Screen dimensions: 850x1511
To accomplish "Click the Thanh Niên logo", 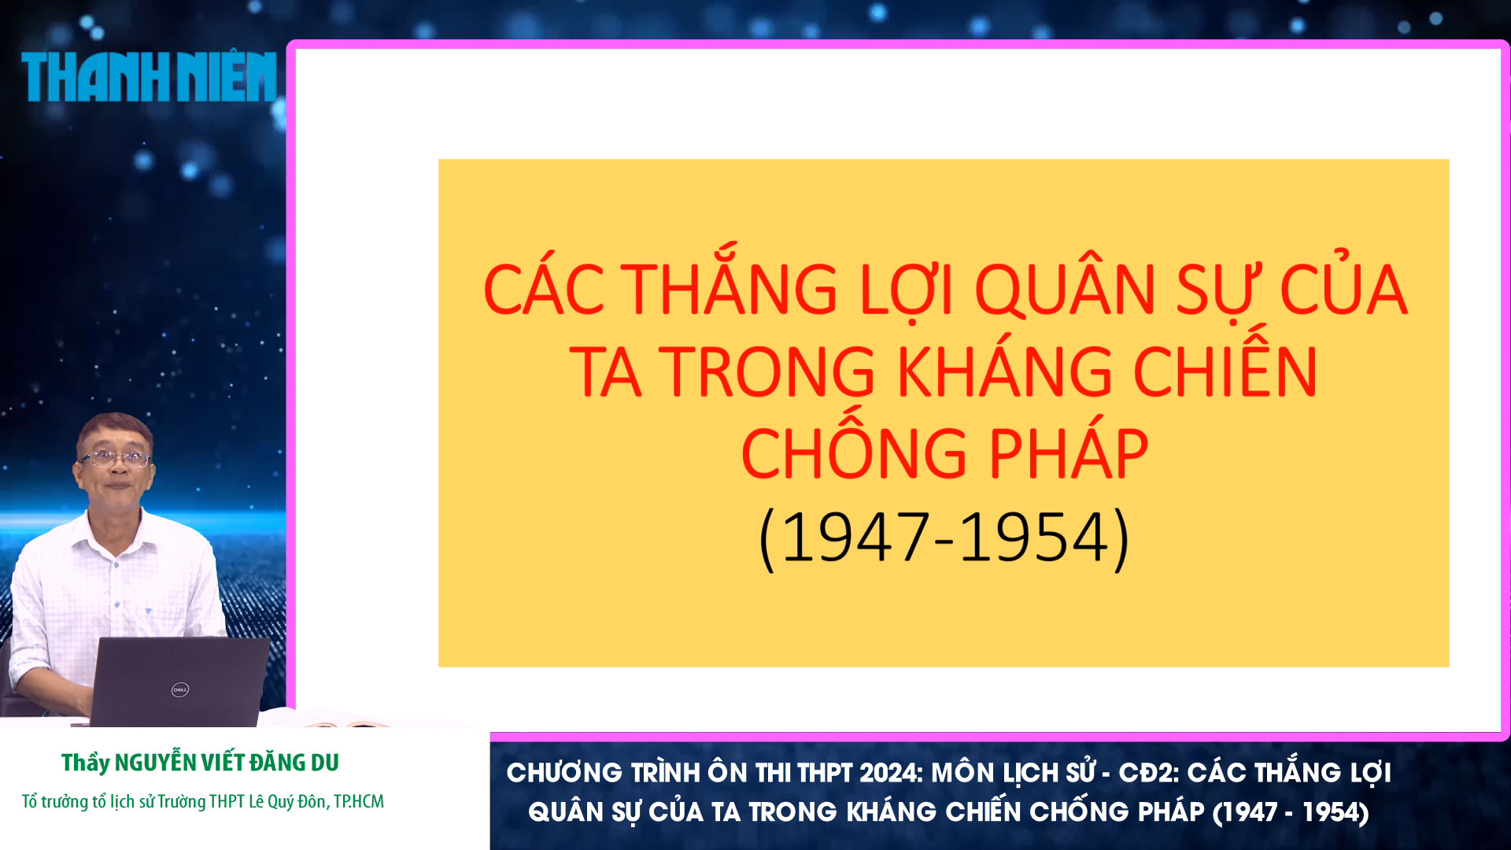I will pyautogui.click(x=149, y=77).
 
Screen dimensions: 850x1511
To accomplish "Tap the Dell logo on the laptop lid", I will pyautogui.click(x=180, y=689).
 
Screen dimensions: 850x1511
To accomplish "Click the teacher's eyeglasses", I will pyautogui.click(x=116, y=457).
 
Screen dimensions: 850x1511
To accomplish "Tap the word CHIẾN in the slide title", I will pyautogui.click(x=1225, y=371).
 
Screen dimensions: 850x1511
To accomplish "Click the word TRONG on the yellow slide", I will pyautogui.click(x=767, y=371).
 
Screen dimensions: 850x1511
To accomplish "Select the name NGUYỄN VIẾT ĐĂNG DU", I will pyautogui.click(x=227, y=763).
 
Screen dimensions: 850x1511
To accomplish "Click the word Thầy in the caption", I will pyautogui.click(x=85, y=763).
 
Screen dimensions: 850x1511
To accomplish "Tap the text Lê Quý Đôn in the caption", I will pyautogui.click(x=287, y=801).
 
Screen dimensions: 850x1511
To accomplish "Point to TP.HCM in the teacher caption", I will pyautogui.click(x=359, y=801).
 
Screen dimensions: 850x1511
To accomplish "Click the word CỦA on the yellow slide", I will pyautogui.click(x=1343, y=290).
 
